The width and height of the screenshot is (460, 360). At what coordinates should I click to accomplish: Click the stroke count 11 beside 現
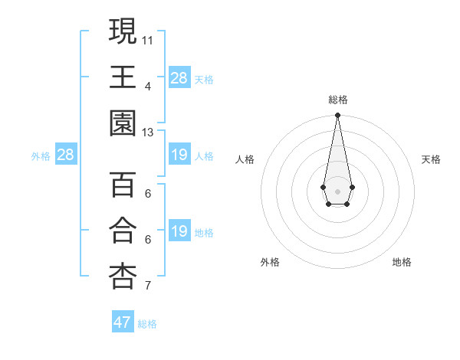pyautogui.click(x=148, y=39)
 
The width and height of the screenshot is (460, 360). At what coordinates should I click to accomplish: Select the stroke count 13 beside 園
pyautogui.click(x=148, y=132)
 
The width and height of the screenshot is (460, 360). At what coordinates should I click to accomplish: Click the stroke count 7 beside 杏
pyautogui.click(x=148, y=286)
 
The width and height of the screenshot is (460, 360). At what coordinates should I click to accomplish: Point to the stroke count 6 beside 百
pyautogui.click(x=148, y=193)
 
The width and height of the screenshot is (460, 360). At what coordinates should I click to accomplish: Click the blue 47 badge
pyautogui.click(x=123, y=322)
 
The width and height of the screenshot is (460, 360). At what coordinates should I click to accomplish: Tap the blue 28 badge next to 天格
pyautogui.click(x=179, y=77)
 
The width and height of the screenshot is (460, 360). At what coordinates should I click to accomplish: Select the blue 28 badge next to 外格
pyautogui.click(x=66, y=155)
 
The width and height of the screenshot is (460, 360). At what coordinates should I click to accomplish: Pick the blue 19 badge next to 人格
pyautogui.click(x=179, y=155)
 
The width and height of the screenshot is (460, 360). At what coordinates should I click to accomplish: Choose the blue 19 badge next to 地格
pyautogui.click(x=179, y=231)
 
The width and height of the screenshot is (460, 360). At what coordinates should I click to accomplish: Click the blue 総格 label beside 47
pyautogui.click(x=147, y=324)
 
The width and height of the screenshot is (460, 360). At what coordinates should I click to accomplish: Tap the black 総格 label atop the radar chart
pyautogui.click(x=337, y=100)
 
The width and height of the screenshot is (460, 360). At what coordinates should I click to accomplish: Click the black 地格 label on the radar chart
pyautogui.click(x=402, y=262)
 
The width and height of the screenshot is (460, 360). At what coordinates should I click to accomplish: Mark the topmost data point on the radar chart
pyautogui.click(x=337, y=116)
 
